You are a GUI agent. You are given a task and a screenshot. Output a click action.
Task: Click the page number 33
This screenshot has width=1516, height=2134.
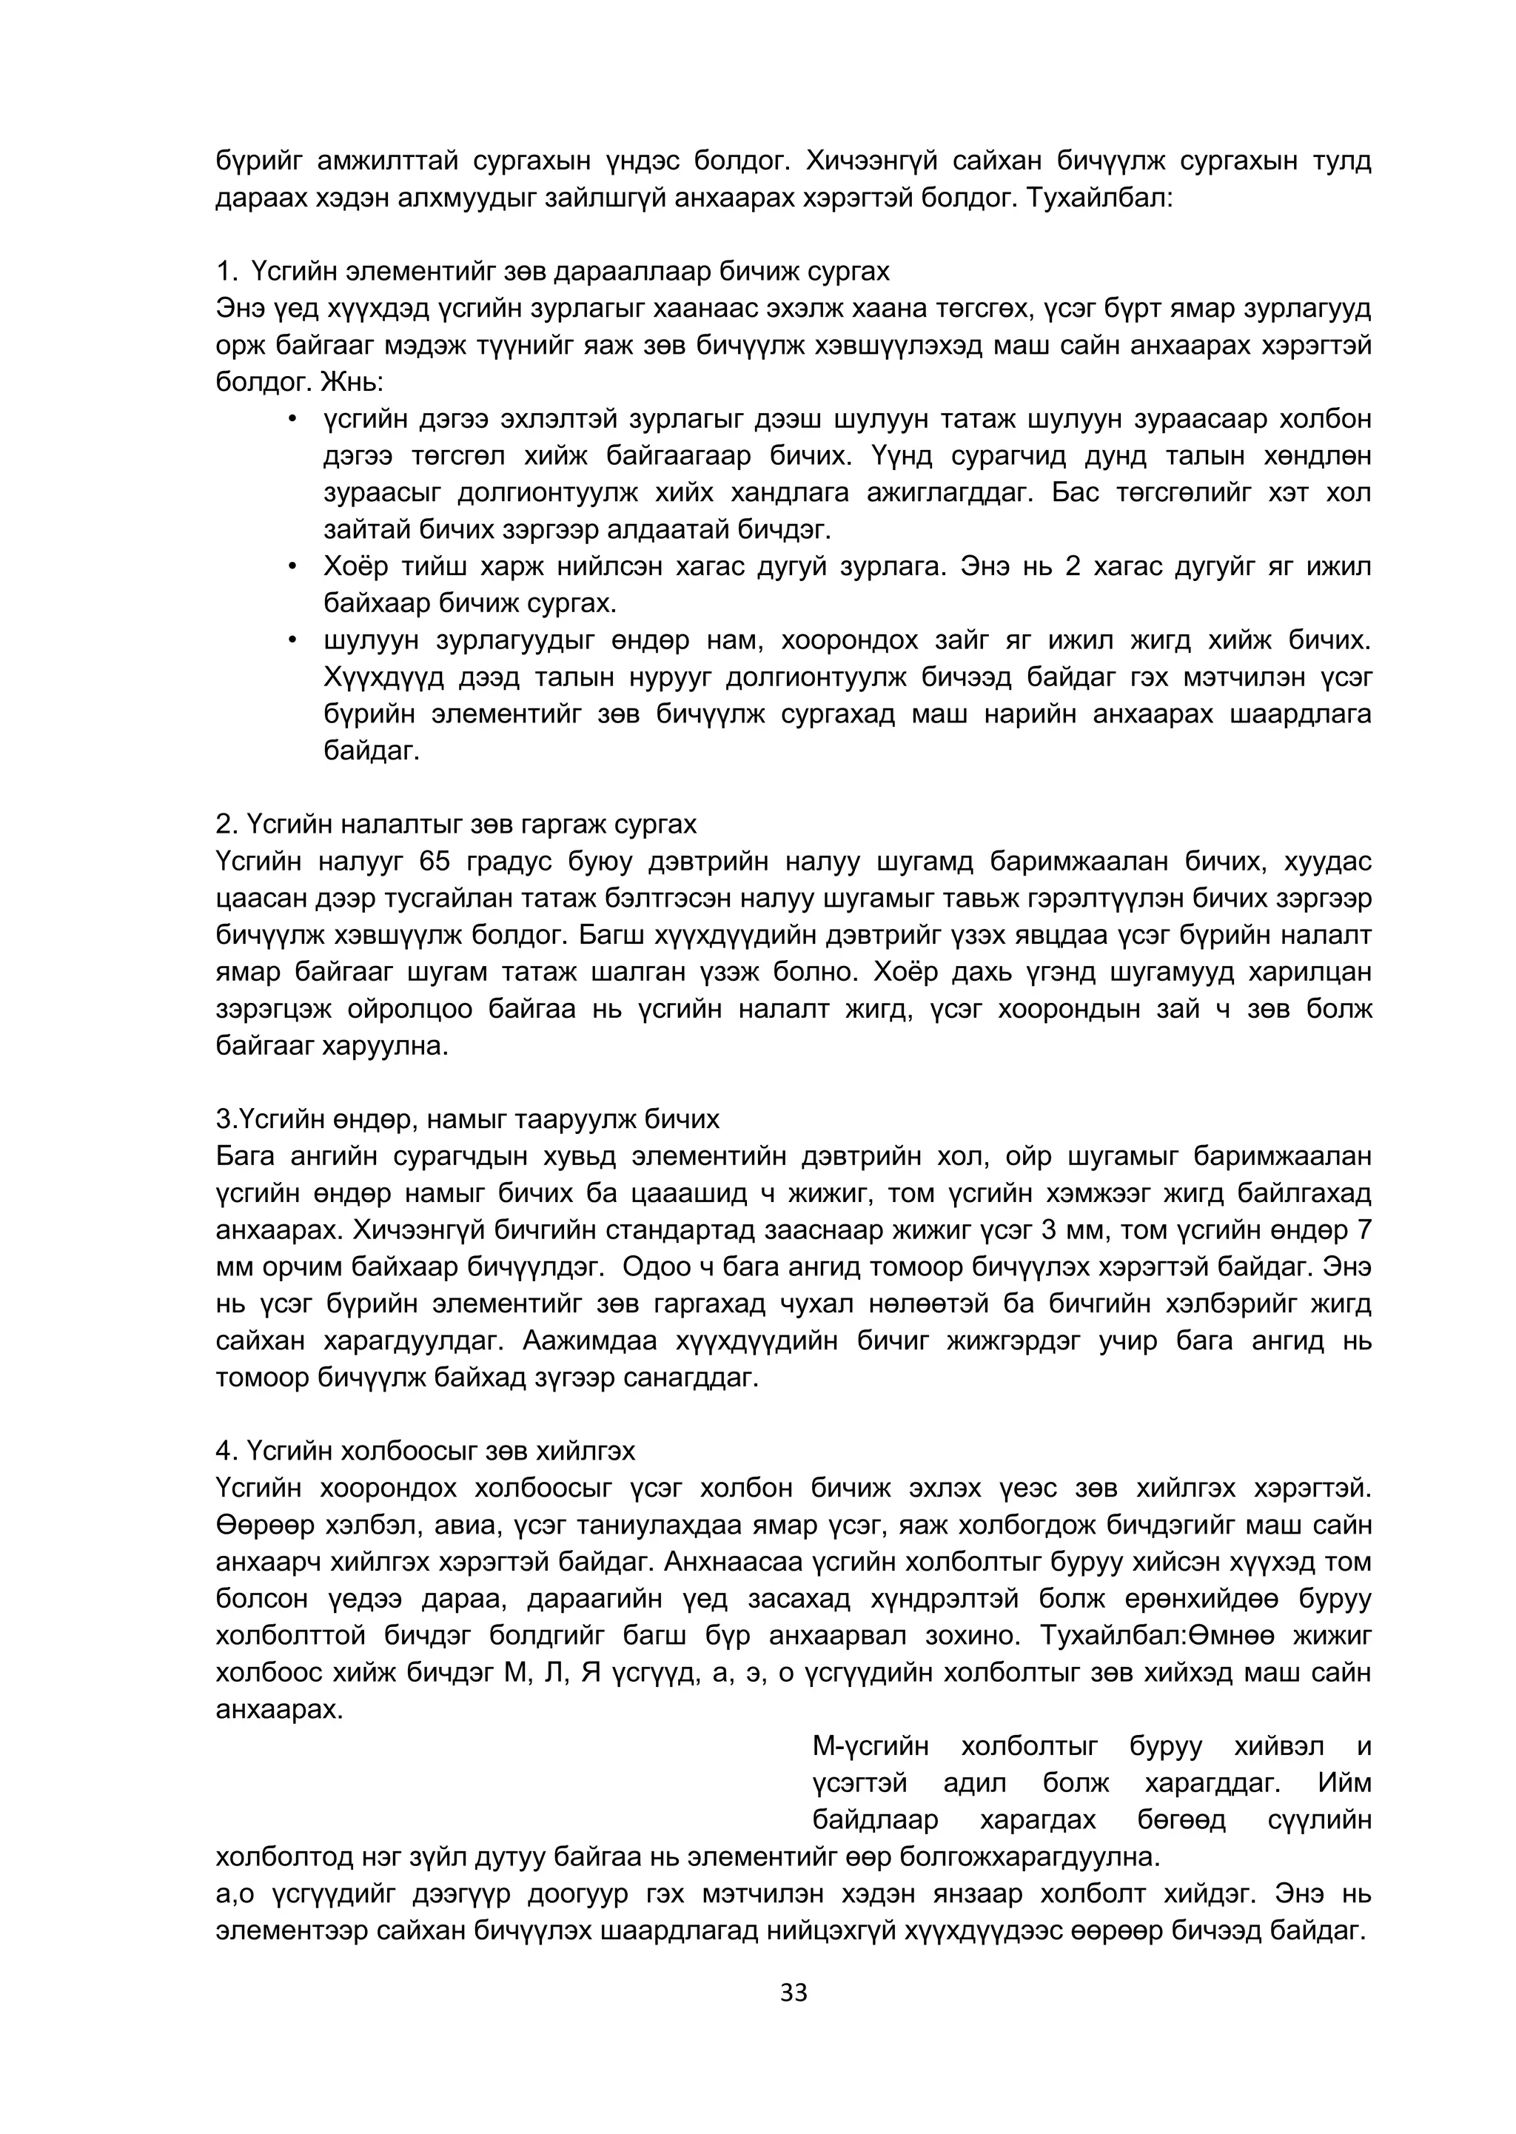point(793,1993)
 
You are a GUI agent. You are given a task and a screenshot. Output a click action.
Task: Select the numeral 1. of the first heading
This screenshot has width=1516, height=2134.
point(228,272)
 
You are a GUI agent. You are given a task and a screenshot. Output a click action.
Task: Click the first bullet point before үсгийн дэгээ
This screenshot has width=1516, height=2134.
point(292,419)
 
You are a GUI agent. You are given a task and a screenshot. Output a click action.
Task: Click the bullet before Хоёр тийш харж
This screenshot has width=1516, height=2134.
point(292,567)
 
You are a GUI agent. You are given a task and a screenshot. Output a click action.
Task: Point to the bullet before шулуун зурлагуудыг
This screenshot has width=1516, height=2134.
point(292,640)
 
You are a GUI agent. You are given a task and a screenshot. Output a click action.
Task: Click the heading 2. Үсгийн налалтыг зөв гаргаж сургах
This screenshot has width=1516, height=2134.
point(455,825)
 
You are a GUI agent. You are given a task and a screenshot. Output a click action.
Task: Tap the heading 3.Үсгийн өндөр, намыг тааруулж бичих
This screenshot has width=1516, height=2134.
point(467,1119)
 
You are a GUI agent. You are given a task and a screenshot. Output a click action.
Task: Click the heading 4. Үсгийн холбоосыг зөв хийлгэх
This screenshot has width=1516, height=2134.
point(425,1452)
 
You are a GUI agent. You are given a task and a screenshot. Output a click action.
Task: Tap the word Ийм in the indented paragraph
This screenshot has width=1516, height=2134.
point(1344,1784)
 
